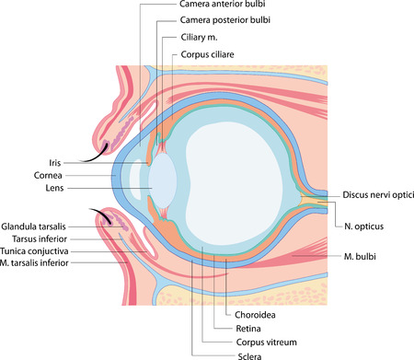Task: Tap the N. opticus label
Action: (364, 225)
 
